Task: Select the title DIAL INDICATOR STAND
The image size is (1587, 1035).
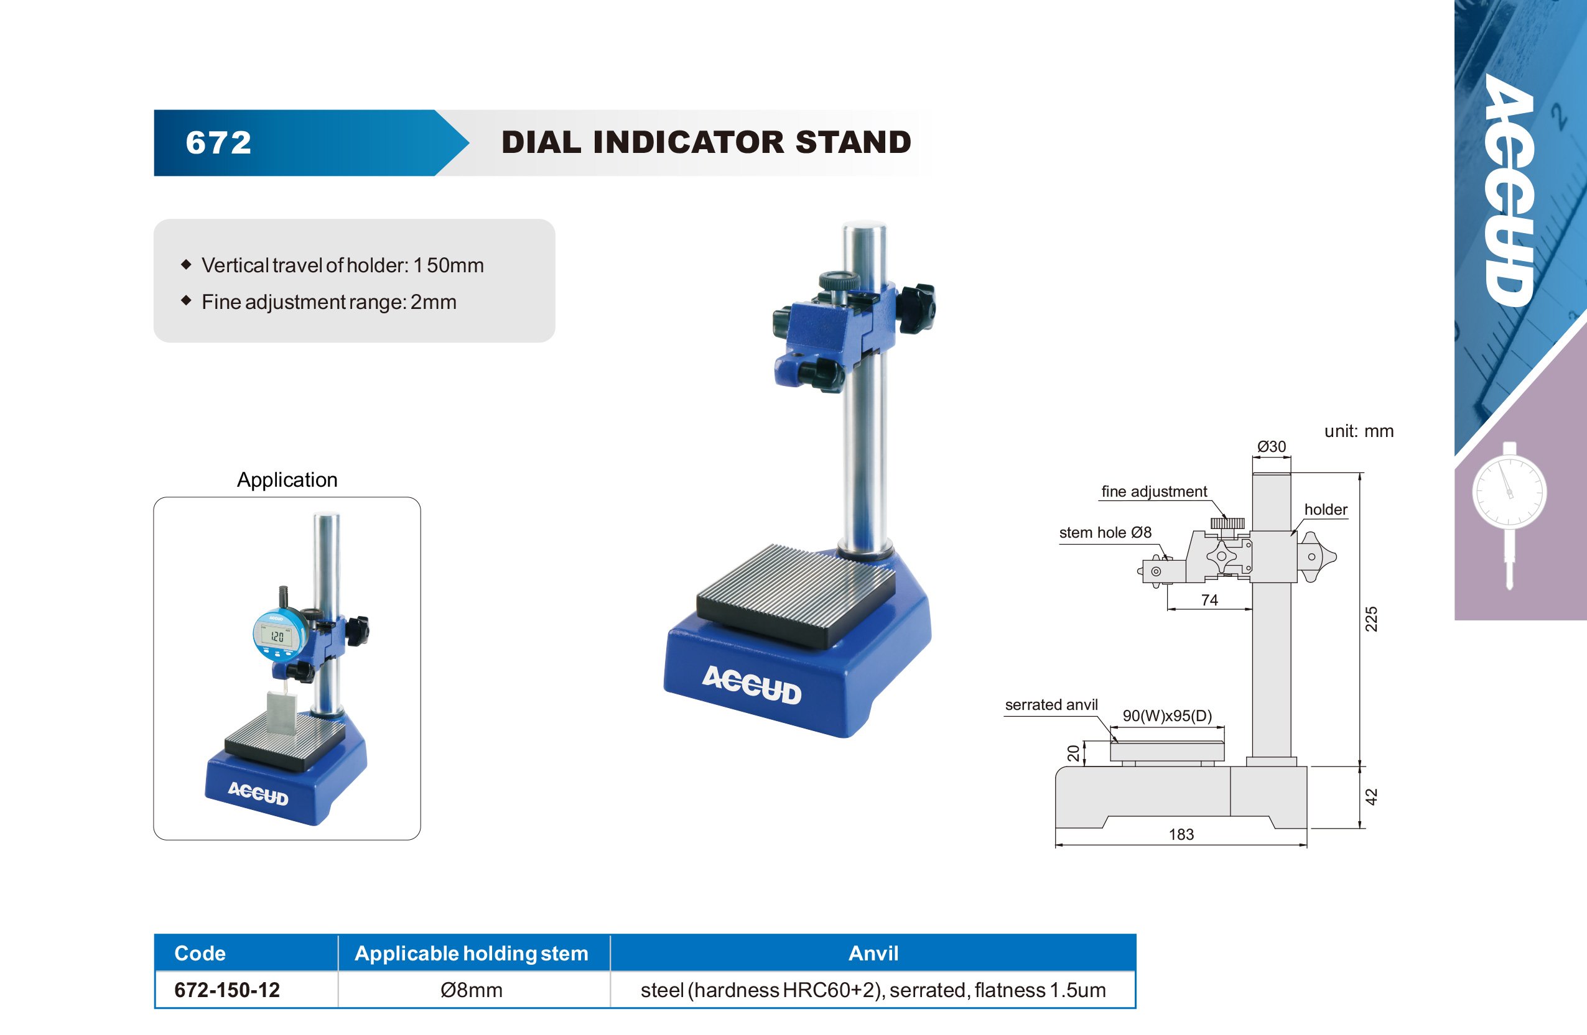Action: point(706,142)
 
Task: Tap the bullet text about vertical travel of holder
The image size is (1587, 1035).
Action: point(343,265)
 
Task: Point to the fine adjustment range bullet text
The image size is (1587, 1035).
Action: point(328,302)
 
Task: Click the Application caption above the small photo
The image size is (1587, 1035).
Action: point(287,480)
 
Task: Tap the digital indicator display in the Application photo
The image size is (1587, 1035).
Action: point(277,637)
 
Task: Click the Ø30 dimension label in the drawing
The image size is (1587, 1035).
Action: point(1272,446)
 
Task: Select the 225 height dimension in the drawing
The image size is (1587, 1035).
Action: point(1371,619)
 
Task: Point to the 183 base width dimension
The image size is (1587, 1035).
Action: point(1181,834)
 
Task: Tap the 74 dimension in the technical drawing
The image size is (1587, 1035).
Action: point(1209,600)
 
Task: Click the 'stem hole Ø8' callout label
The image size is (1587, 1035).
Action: point(1105,533)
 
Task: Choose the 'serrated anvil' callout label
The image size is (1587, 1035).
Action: point(1051,704)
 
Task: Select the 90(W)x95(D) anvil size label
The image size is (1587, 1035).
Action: point(1167,715)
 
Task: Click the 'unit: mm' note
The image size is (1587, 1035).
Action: point(1359,431)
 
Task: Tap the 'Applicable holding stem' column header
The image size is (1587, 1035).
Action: point(472,953)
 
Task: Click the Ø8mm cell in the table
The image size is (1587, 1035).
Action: point(472,990)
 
